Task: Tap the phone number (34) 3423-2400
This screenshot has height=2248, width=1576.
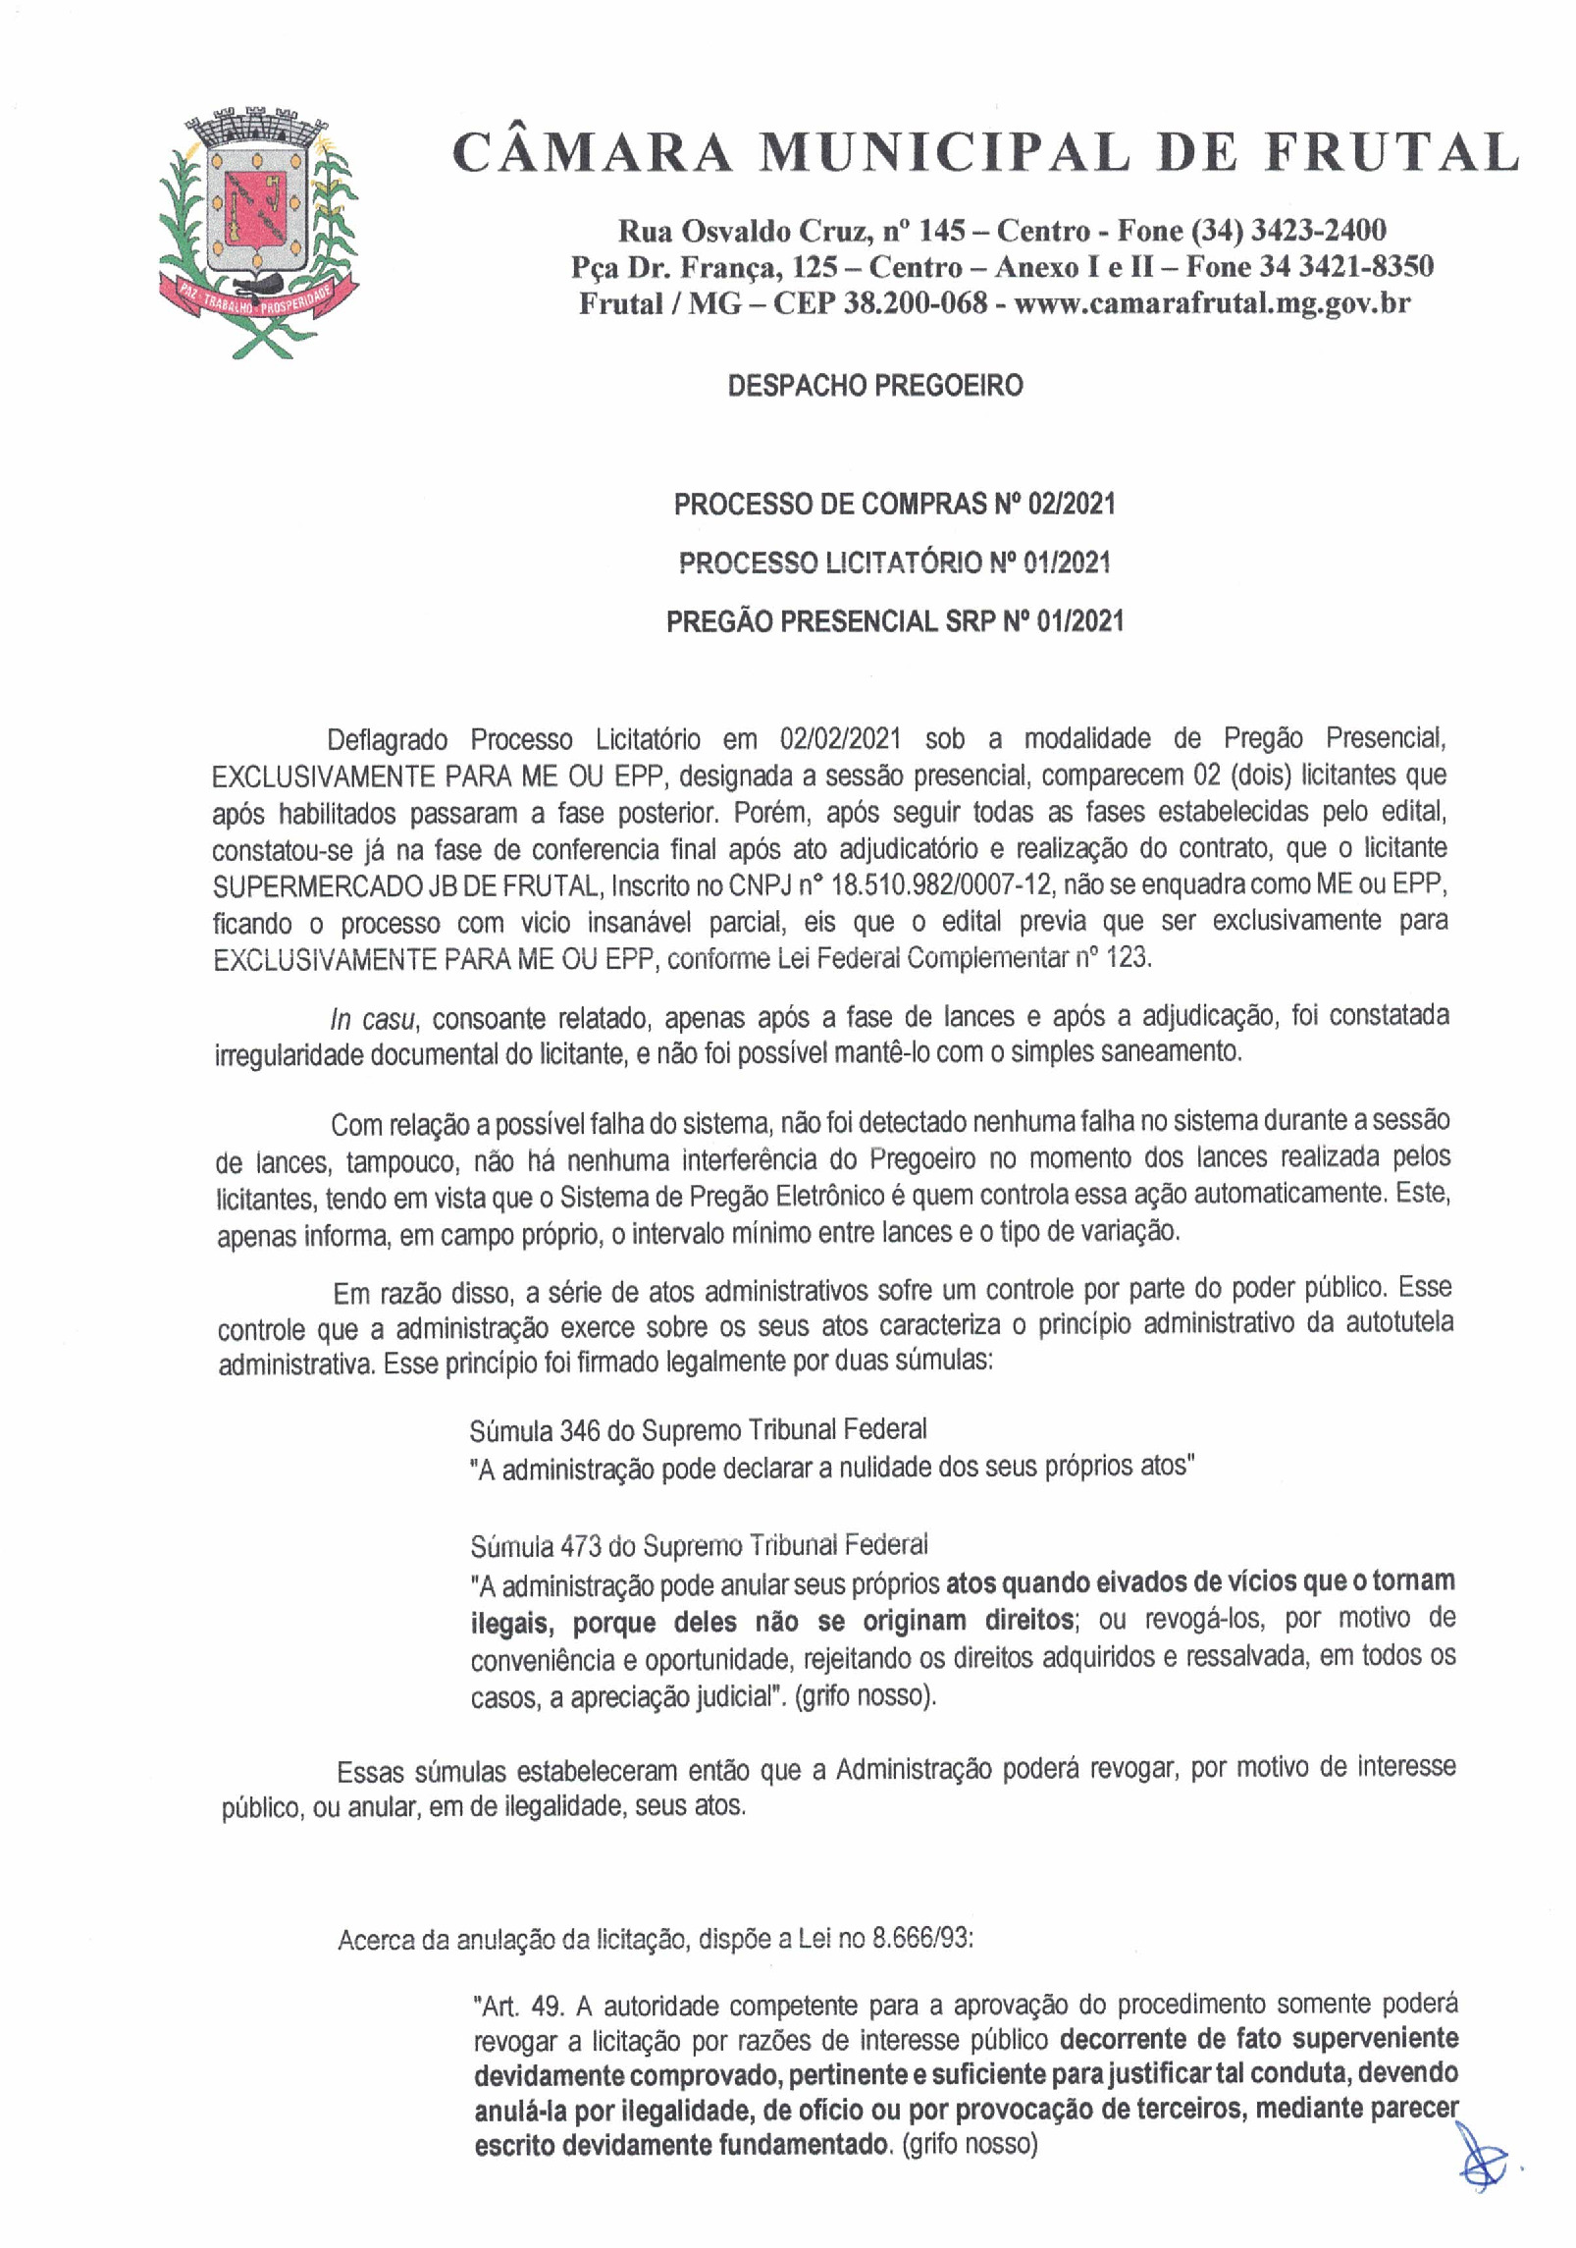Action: tap(1287, 231)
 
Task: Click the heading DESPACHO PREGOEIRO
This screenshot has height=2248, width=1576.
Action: tap(874, 385)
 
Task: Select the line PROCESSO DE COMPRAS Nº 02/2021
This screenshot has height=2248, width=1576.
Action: tap(894, 504)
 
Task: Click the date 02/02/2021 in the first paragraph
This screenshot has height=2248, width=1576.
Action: tap(842, 738)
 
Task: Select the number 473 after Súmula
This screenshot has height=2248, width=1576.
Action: tap(579, 1546)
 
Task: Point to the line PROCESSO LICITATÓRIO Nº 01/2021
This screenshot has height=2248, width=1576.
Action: tap(894, 562)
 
